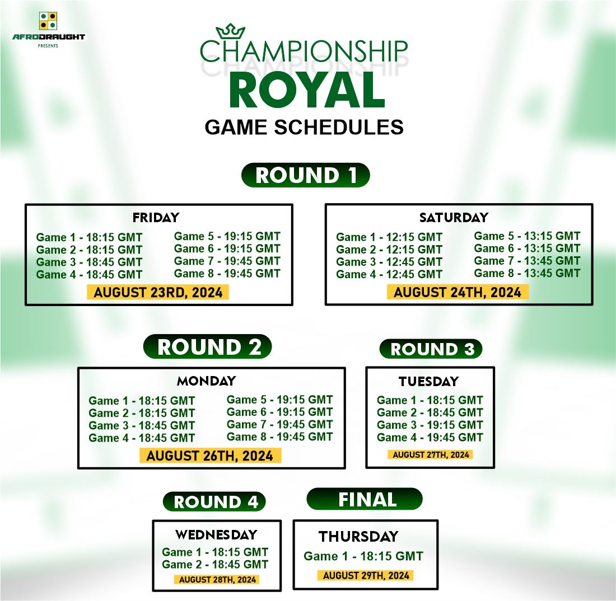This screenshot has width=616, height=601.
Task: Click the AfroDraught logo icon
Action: click(x=48, y=21)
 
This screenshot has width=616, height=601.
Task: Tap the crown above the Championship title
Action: click(x=231, y=31)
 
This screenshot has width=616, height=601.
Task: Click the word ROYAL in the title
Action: click(x=307, y=90)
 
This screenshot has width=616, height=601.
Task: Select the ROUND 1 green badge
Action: click(x=306, y=175)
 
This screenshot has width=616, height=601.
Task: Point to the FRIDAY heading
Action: click(x=156, y=218)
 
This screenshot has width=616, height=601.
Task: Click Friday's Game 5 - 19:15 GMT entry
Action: click(x=227, y=236)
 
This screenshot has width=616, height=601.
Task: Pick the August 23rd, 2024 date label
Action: click(x=158, y=293)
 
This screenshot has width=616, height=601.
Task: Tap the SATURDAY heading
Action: click(x=454, y=218)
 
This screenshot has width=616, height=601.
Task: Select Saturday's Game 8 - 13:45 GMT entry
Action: click(x=527, y=273)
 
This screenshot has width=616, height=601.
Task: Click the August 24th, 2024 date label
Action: click(x=458, y=293)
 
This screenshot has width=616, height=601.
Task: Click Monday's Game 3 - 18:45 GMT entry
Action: click(x=142, y=425)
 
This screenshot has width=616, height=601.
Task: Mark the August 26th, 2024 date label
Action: click(x=210, y=456)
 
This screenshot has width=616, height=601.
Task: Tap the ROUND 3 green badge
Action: click(x=431, y=349)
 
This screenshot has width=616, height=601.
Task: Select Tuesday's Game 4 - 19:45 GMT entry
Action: click(x=430, y=437)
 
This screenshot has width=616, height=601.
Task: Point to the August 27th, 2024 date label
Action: click(x=431, y=454)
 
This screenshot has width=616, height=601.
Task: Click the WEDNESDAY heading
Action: click(x=217, y=534)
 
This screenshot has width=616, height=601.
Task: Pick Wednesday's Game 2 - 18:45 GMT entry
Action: click(x=215, y=565)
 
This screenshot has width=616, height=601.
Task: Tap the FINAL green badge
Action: click(x=365, y=499)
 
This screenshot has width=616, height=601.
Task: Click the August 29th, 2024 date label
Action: click(x=366, y=575)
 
